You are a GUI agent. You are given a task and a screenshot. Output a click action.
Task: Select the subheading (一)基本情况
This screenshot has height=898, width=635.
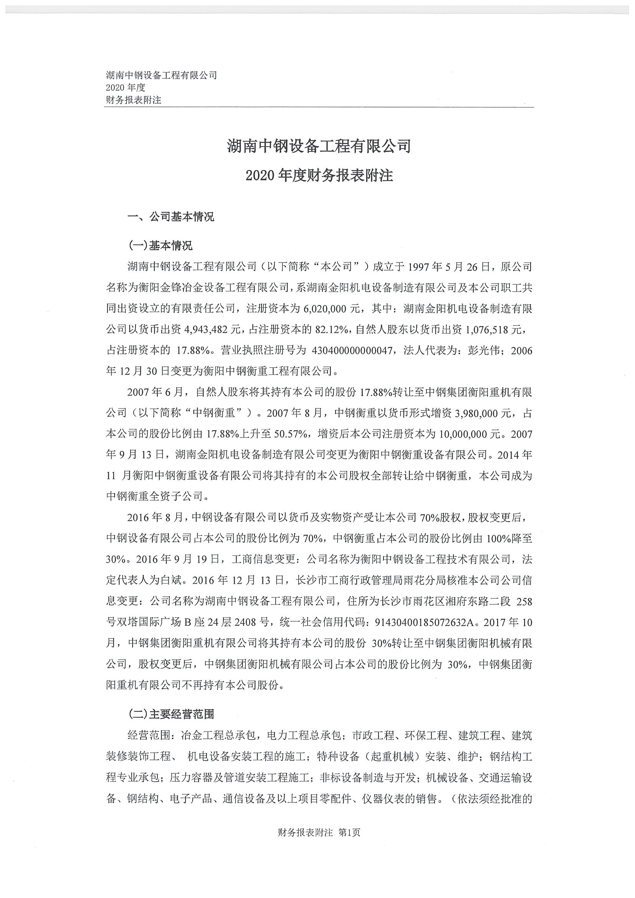pyautogui.click(x=160, y=246)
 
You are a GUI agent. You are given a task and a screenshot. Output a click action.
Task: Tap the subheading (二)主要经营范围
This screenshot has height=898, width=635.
pyautogui.click(x=171, y=715)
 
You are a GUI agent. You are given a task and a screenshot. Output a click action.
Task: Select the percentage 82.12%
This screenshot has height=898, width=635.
pyautogui.click(x=332, y=330)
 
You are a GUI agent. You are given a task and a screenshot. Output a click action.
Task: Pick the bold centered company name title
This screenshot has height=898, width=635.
pyautogui.click(x=319, y=147)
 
